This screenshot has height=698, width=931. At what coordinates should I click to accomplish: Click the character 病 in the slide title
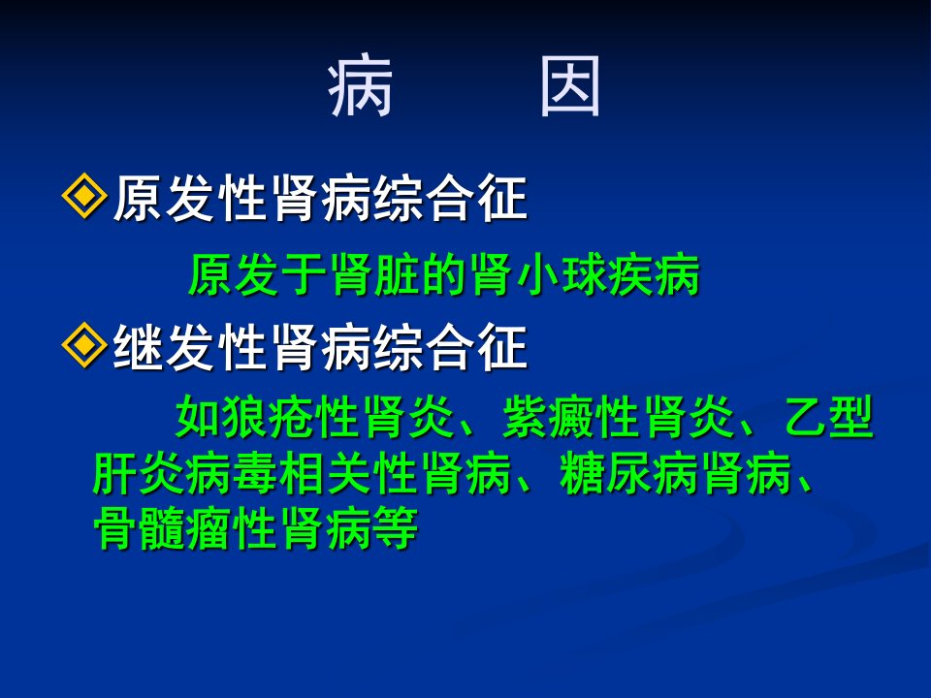(x=360, y=86)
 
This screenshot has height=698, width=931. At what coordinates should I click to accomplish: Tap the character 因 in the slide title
(x=570, y=86)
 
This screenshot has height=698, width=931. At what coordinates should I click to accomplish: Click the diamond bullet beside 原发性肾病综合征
(x=84, y=196)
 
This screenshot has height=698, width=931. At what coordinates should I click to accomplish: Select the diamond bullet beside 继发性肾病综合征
(x=84, y=345)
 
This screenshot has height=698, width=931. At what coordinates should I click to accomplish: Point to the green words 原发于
(x=258, y=274)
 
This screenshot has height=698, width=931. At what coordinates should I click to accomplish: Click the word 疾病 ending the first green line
(x=655, y=274)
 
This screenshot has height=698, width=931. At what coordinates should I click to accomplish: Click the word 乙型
(x=829, y=416)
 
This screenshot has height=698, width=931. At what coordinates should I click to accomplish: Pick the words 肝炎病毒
(x=185, y=474)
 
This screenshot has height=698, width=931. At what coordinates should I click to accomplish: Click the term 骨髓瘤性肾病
(x=232, y=528)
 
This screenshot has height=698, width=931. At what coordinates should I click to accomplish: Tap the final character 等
(x=395, y=528)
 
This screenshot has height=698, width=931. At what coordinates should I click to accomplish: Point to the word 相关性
(x=348, y=474)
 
